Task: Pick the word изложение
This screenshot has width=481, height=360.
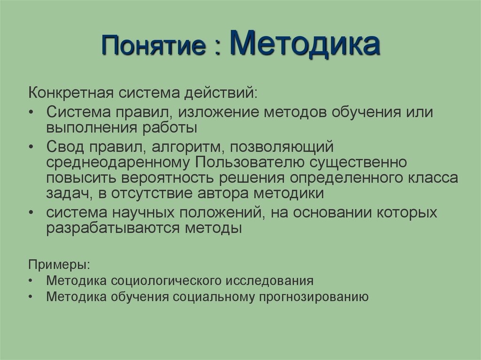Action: point(222,113)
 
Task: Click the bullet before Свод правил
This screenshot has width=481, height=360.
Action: point(31,146)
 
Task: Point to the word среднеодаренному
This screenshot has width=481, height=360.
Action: point(118,162)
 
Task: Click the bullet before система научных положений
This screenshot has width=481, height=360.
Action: point(31,213)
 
